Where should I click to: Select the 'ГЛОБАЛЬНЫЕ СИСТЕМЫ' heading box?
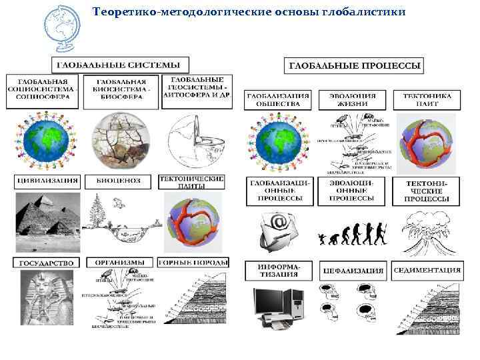(120, 65)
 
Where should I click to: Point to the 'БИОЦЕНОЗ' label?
(119, 181)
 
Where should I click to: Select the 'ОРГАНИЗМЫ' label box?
(119, 263)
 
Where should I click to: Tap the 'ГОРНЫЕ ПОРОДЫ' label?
(192, 263)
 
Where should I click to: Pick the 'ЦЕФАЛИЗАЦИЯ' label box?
(353, 271)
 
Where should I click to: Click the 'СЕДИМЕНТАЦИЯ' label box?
(427, 271)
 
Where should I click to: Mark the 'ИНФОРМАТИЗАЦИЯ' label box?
(279, 270)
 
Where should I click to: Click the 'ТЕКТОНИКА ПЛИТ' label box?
(427, 100)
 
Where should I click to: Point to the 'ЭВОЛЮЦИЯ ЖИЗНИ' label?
(353, 100)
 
